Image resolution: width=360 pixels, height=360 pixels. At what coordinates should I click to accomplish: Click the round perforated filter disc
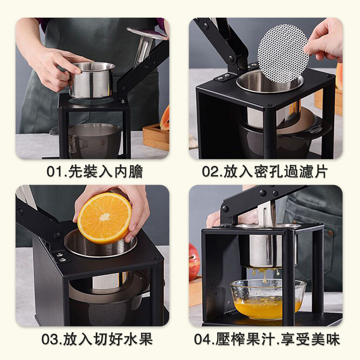(283, 53)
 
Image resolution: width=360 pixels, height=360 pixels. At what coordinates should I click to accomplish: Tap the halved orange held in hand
(104, 219)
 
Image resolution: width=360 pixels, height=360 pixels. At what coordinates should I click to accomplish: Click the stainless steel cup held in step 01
(92, 80)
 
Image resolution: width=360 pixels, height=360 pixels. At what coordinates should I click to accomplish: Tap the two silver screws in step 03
(61, 257)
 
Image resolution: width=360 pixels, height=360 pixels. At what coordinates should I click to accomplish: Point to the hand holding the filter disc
(326, 39)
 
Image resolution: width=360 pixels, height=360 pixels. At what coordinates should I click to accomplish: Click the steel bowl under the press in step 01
(95, 140)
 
